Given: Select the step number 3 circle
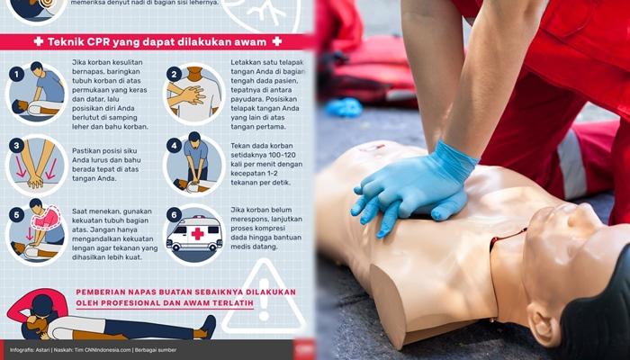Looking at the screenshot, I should point(16,145).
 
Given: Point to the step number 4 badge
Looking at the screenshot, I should point(174,145).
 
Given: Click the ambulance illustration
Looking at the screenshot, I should point(194,234).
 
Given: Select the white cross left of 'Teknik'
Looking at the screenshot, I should point(38,41).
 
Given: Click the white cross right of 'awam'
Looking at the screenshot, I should point(276,41).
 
